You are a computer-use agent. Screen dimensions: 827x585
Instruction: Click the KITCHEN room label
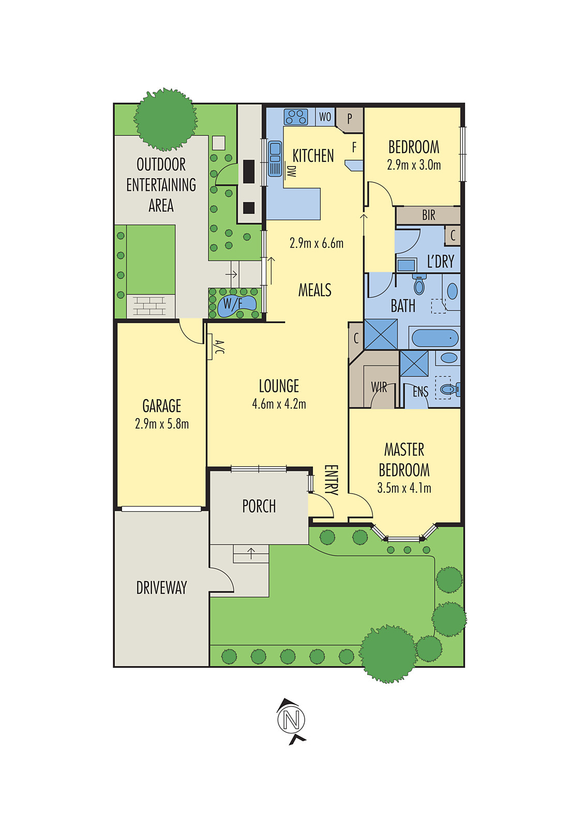click(313, 156)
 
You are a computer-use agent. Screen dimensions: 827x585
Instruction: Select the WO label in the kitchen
click(325, 117)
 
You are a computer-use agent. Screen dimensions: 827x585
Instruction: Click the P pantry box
click(350, 119)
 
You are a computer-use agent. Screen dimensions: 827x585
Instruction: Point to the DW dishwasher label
click(291, 172)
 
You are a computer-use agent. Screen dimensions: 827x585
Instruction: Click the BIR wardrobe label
click(428, 215)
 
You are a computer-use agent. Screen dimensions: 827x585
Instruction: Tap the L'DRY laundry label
click(440, 262)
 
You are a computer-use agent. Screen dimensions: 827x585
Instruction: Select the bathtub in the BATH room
click(434, 339)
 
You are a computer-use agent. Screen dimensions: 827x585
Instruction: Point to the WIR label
click(379, 388)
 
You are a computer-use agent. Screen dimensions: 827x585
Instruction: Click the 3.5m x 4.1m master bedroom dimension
click(404, 488)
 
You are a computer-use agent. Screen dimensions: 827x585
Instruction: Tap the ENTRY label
click(331, 480)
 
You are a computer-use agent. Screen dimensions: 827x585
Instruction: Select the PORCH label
click(259, 506)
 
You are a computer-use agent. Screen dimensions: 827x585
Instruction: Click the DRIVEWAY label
click(161, 588)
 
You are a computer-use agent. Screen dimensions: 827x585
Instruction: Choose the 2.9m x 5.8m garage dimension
click(161, 424)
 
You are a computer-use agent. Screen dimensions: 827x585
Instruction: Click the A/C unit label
click(219, 347)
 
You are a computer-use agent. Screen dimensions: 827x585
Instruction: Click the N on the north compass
click(291, 720)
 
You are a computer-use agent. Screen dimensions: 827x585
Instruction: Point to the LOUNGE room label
click(279, 386)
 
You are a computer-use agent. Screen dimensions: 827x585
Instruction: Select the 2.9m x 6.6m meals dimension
click(316, 243)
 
